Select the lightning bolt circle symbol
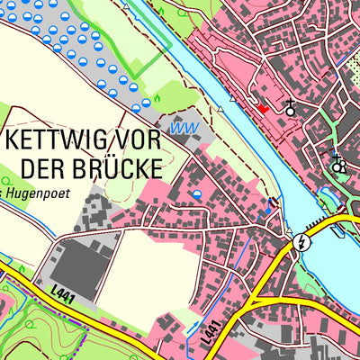tap(302, 241)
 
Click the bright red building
tap(263, 108)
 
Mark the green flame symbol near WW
tap(158, 96)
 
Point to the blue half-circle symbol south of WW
tap(197, 193)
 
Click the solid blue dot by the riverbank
tap(266, 213)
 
